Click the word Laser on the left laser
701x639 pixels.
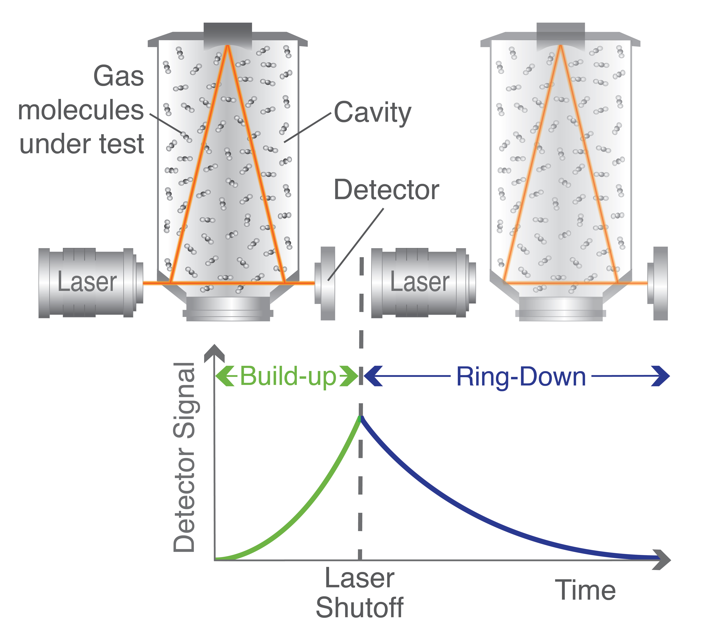[87, 282]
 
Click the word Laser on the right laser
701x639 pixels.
[420, 282]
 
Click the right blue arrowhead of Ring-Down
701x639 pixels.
[661, 376]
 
